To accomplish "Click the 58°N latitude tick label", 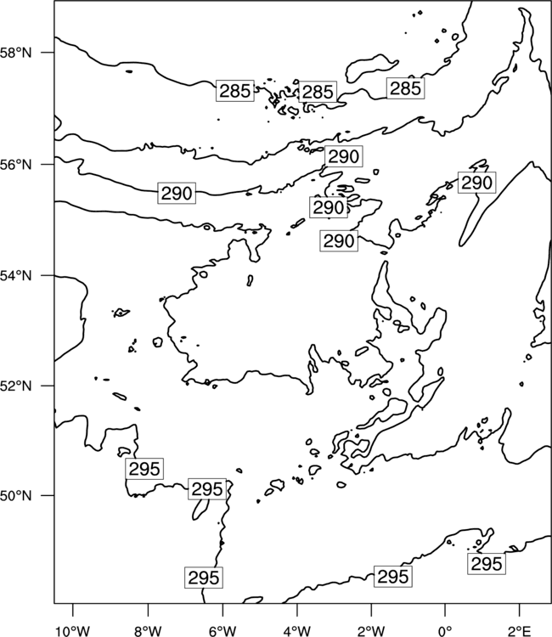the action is pos(15,53).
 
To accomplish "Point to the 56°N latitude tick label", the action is pos(15,165).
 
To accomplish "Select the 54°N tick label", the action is pos(15,276).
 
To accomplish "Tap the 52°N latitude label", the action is pos(15,386).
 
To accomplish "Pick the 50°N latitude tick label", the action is pos(15,496).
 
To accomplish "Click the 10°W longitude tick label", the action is pos(73,631).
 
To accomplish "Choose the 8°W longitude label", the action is pos(148,631).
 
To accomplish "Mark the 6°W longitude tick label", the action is pos(222,631).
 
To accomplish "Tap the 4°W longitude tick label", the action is pos(296,631).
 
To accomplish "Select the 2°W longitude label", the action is pos(371,631).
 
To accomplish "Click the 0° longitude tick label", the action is pos(445,631).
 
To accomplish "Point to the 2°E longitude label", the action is pos(519,631).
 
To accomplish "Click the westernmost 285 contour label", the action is pos(234,91).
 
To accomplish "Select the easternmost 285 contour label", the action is pos(405,88).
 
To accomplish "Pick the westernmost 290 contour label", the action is pos(177,193).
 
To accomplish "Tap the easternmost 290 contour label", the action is pos(477,183).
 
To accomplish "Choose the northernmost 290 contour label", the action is pos(344,156).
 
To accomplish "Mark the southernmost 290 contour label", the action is pos(339,241).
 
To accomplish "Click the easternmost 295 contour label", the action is pos(487,563).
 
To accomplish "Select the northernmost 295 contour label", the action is pos(144,469).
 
